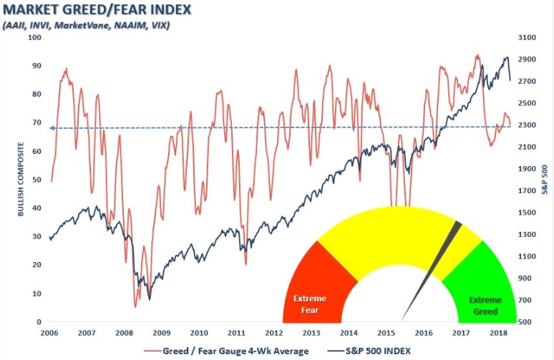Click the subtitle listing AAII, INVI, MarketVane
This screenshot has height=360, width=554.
(87, 26)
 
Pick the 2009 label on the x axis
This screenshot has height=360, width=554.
(161, 334)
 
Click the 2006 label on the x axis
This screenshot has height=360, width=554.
(49, 334)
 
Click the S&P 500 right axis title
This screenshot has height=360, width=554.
(544, 179)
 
